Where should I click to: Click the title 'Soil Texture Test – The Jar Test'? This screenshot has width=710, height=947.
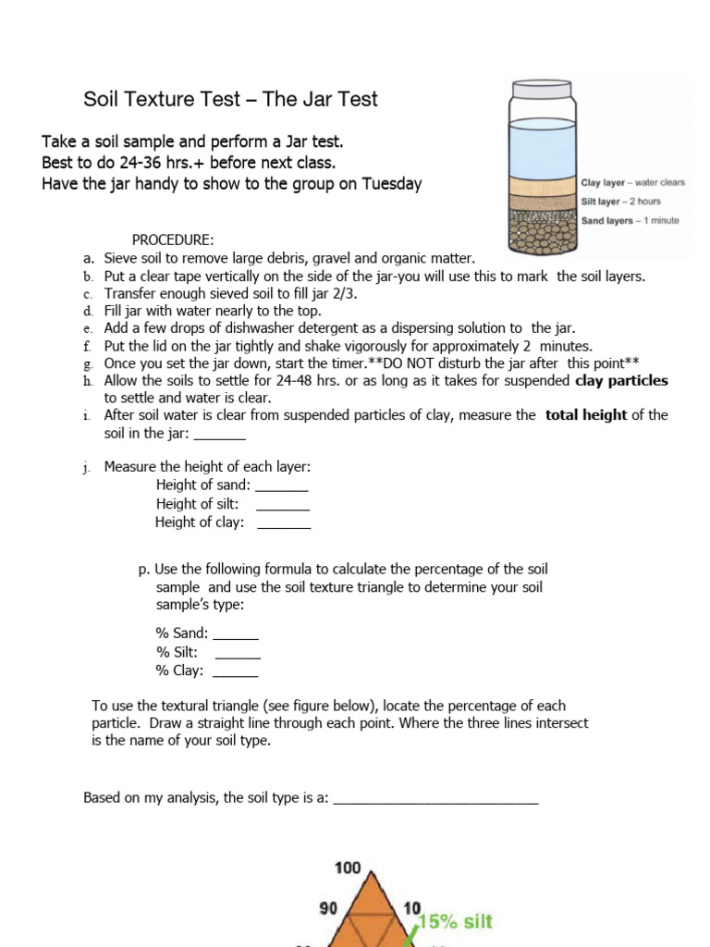click(x=230, y=99)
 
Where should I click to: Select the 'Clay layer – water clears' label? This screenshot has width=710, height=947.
click(x=632, y=183)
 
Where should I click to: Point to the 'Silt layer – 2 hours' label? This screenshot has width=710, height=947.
click(x=620, y=202)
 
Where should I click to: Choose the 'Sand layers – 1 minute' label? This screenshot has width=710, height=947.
click(x=630, y=221)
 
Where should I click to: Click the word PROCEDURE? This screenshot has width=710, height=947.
click(x=173, y=240)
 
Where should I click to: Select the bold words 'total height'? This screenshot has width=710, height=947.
click(x=586, y=415)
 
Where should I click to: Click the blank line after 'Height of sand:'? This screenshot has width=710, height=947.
click(x=281, y=486)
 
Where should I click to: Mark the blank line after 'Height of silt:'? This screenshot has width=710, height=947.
click(x=282, y=505)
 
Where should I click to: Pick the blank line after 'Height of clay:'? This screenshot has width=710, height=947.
click(x=283, y=523)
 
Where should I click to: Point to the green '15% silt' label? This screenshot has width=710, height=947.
click(x=455, y=921)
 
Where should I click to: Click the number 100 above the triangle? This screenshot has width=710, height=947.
click(x=348, y=868)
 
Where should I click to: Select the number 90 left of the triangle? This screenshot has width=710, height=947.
click(x=328, y=908)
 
